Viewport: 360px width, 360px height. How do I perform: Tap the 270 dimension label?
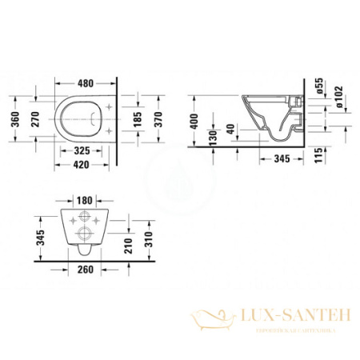tap(34, 119)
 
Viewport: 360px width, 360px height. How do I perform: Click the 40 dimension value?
tap(230, 129)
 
